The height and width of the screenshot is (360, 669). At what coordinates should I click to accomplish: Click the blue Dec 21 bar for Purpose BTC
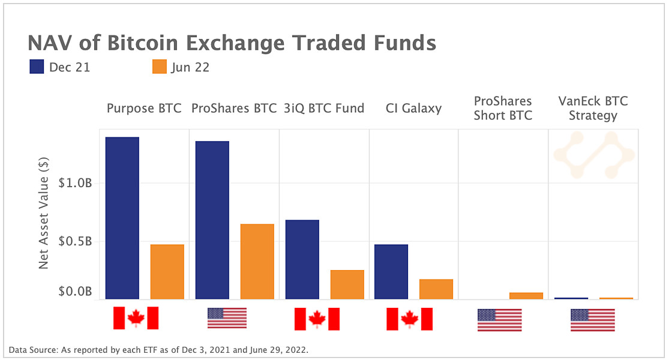tap(122, 218)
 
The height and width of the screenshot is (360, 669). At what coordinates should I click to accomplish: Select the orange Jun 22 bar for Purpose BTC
tap(167, 271)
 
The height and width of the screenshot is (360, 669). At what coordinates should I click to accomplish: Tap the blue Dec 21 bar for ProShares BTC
tap(212, 220)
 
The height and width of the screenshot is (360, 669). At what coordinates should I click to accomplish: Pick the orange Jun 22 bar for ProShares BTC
tap(257, 261)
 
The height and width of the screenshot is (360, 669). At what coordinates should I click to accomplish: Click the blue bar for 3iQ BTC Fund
tap(302, 259)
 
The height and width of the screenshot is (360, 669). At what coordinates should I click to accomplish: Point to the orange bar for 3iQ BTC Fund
tap(347, 284)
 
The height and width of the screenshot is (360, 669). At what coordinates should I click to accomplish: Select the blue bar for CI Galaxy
tap(391, 271)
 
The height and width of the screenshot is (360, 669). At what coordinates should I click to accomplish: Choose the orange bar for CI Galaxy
tap(436, 289)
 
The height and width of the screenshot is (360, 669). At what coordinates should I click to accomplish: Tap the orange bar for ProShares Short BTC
tap(526, 295)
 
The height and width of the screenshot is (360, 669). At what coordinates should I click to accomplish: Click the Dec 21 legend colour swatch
tap(37, 67)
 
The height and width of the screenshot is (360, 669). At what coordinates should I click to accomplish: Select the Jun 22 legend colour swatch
tap(159, 67)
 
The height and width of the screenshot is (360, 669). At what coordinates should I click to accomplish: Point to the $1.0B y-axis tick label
tap(75, 183)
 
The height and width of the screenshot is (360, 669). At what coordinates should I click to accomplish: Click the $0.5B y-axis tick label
tap(75, 241)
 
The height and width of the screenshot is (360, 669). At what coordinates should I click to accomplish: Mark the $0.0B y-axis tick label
tap(75, 292)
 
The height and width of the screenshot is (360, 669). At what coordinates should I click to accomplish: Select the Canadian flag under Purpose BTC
tap(136, 318)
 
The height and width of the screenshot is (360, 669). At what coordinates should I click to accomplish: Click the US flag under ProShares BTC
tap(227, 318)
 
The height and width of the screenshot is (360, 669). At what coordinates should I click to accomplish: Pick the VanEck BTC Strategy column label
tap(593, 108)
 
